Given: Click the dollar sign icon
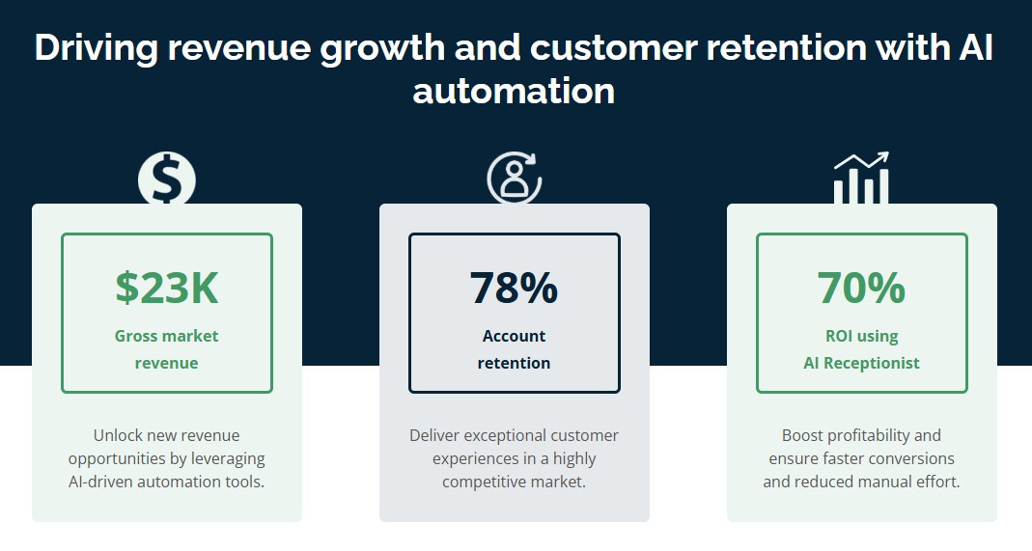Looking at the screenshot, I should tap(166, 179).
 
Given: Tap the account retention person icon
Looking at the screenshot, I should tap(514, 178).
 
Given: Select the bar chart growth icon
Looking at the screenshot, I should tap(861, 179).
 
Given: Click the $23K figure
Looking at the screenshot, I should tap(167, 288).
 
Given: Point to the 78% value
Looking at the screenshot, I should tap(514, 288).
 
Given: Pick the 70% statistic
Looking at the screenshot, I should tap(861, 288).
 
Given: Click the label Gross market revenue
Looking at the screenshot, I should tap(167, 349).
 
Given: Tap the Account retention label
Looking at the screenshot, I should tap(514, 349).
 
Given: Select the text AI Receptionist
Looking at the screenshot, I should tap(861, 363).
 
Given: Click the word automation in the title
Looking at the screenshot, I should tap(514, 91).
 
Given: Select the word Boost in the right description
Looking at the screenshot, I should tap(803, 435).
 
